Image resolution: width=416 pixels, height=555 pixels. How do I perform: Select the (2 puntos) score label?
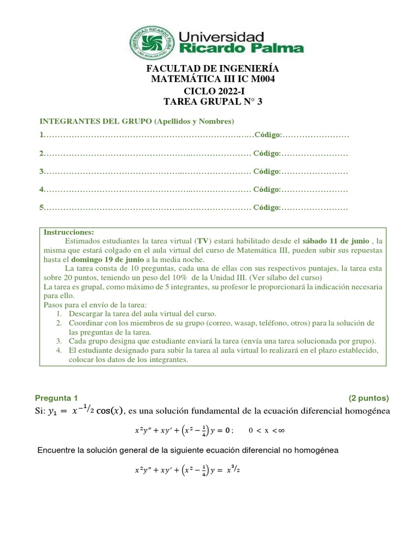click(368, 397)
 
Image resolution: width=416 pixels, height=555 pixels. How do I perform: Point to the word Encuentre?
click(57, 450)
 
